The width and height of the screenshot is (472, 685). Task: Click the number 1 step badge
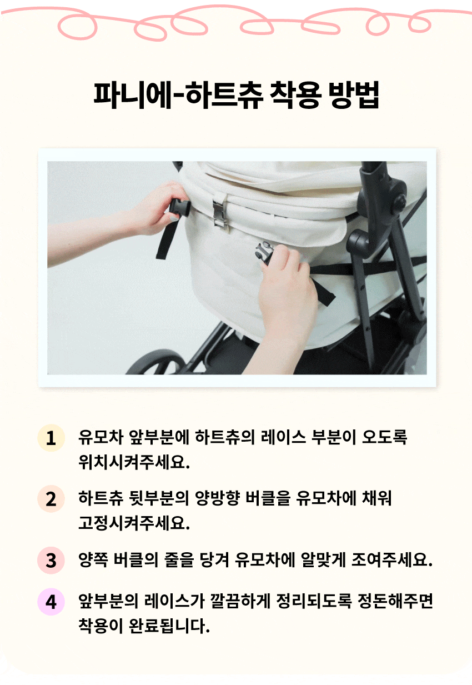coord(51,438)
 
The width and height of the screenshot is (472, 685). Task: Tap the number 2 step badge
coord(51,499)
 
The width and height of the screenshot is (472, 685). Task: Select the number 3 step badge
coord(51,560)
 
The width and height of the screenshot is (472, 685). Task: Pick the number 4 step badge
coord(51,602)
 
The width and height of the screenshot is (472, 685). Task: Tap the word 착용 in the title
coord(295,95)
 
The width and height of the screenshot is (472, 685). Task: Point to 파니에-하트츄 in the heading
coord(178,95)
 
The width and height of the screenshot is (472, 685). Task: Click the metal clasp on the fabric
coord(220,211)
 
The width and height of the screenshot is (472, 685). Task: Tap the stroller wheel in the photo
coord(156,363)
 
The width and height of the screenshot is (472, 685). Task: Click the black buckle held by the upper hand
coord(180,207)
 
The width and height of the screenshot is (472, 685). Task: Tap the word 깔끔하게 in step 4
coord(240,601)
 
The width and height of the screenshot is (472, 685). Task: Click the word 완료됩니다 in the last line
coord(169,626)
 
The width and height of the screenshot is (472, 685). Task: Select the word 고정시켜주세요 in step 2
coord(134,523)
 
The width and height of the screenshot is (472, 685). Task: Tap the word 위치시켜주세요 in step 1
coord(134,462)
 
